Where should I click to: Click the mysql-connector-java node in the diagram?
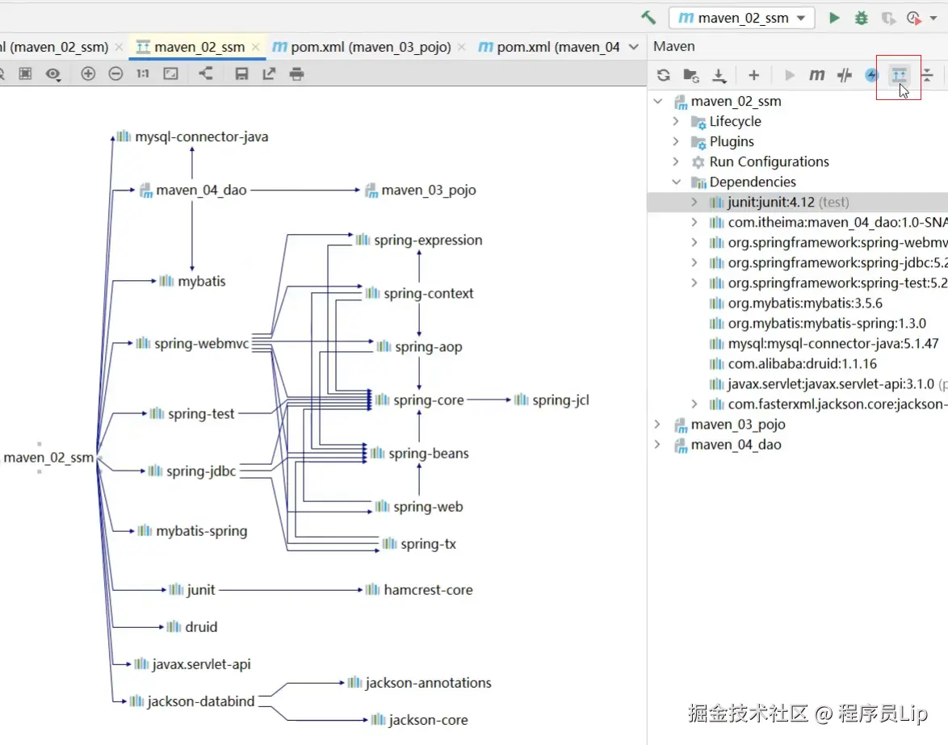tap(192, 136)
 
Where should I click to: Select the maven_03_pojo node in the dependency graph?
tap(420, 190)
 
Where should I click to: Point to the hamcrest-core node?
tap(419, 590)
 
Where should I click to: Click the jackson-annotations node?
tap(420, 683)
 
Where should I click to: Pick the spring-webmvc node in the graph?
tap(192, 343)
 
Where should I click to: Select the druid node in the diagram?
tap(191, 626)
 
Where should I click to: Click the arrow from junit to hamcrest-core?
tap(291, 590)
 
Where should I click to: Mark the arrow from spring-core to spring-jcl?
tap(489, 400)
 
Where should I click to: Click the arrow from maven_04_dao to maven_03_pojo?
tap(305, 190)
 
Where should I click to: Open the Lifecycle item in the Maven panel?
tap(735, 121)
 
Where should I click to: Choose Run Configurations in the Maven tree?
tap(769, 162)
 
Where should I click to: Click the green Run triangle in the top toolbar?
tap(834, 18)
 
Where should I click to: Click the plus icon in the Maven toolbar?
tap(753, 75)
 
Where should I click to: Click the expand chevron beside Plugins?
tap(676, 141)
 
